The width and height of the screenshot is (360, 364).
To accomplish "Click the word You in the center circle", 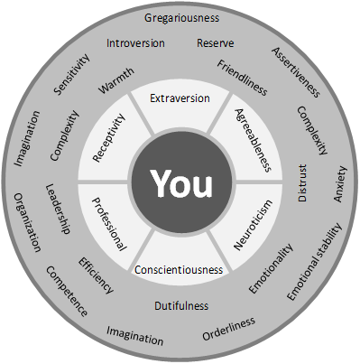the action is point(181,183).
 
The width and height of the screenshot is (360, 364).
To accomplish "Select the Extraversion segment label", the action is point(180,98).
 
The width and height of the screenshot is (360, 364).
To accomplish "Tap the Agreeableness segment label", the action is point(253,140).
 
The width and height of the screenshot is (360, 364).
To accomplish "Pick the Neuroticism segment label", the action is point(254,225).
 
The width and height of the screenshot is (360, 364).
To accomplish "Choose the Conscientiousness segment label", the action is point(179,269).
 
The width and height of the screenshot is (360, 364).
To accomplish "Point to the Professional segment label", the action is point(109,224).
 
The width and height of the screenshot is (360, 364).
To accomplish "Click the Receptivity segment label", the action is point(108,138).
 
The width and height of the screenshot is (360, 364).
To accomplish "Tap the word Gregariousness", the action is point(181,18).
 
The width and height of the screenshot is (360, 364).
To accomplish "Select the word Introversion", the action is point(135,43).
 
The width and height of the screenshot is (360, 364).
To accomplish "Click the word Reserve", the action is point(216,43).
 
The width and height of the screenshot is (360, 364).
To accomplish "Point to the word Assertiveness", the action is point(296,72).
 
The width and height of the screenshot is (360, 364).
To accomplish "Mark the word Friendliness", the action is point(242,78).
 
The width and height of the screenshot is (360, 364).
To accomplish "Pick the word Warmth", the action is point(116,80).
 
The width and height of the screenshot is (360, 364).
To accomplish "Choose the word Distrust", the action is point(302,182).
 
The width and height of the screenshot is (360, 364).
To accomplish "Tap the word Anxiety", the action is point(340,184).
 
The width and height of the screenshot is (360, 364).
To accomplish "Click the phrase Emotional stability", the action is point(315,261).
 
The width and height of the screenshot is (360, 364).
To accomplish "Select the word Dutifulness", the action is point(181,306).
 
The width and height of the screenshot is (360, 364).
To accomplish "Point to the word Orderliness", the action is point(229,329).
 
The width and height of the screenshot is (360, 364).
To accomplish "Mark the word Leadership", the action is point(58,209).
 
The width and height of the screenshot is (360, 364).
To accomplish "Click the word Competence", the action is point(67,291).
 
